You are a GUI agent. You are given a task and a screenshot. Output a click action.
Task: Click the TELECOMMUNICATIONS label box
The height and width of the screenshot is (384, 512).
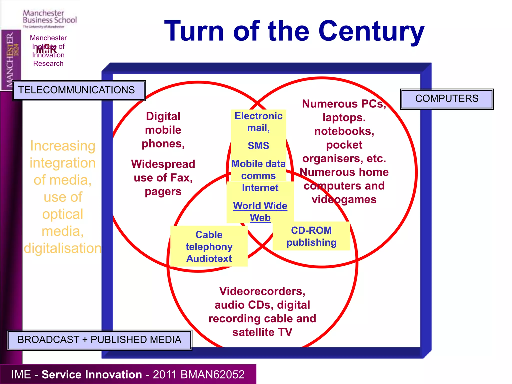tap(79, 90)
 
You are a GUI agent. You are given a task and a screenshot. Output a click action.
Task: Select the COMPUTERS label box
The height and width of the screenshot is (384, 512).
tap(446, 99)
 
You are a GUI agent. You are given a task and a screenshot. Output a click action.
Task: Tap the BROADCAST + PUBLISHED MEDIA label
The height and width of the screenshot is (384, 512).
tap(99, 340)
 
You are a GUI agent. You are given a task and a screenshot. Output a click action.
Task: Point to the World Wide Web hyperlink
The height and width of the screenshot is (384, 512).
tap(260, 211)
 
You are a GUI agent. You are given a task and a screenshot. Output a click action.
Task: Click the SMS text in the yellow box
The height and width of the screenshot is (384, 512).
tap(258, 146)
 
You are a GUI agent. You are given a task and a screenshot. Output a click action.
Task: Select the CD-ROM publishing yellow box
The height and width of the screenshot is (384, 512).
tap(311, 236)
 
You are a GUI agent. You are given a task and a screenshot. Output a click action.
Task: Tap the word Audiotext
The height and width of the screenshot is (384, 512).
tap(209, 259)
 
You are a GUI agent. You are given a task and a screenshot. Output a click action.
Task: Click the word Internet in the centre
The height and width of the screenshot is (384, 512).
tap(260, 188)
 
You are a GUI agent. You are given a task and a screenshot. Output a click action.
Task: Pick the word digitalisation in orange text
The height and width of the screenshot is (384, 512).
tap(62, 248)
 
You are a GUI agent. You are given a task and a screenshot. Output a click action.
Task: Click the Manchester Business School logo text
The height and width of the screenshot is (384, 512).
tap(49, 17)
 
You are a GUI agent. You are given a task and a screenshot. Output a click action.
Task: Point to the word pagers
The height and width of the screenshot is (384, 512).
tap(163, 192)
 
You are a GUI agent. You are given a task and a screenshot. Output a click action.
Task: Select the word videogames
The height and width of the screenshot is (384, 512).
tap(344, 200)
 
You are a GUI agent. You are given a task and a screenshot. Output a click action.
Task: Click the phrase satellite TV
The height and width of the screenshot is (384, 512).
tap(262, 332)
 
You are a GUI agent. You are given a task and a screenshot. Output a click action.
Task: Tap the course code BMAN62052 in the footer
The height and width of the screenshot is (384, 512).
tap(212, 374)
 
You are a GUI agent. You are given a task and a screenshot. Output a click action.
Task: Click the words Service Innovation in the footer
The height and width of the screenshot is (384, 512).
tap(91, 374)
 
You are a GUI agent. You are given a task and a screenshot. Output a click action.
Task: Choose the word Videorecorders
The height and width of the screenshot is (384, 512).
tap(262, 291)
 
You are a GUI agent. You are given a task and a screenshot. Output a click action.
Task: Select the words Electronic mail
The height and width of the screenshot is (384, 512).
tap(258, 122)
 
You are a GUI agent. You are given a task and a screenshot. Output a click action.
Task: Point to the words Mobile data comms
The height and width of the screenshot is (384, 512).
tap(258, 170)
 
